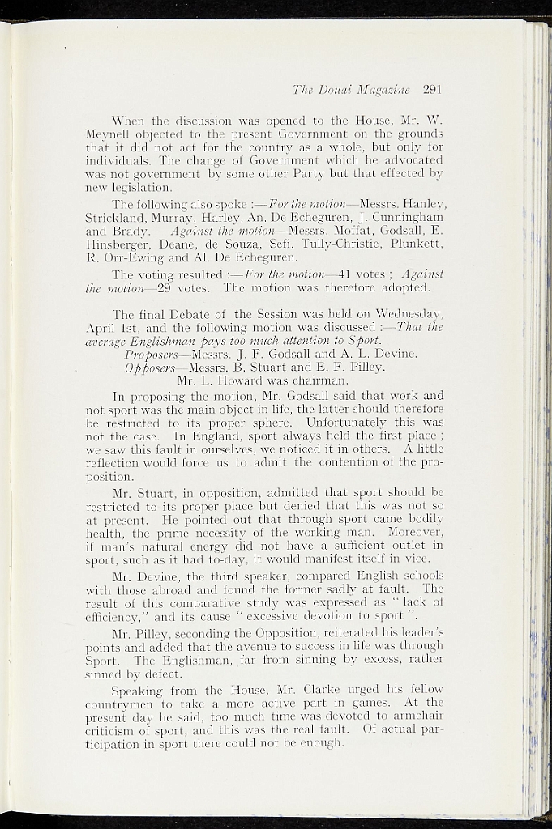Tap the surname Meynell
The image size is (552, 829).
point(111,132)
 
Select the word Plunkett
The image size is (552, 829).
point(413,245)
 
